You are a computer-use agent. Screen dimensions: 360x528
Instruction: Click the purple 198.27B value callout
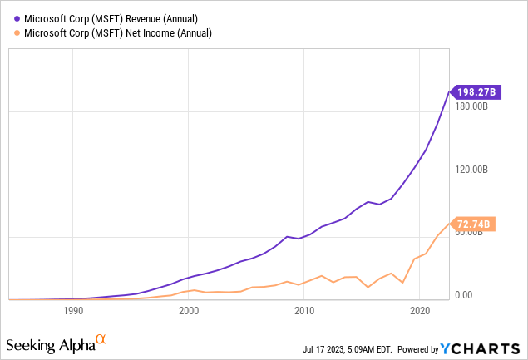[473, 91]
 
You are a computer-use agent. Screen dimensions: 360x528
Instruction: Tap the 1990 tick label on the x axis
[73, 311]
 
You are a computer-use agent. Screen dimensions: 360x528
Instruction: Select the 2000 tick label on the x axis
[189, 311]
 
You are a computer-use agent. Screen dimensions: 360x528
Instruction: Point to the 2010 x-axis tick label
[304, 311]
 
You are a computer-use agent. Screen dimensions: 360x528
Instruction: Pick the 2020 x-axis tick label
[420, 311]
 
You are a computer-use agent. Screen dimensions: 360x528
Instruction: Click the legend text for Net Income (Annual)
[112, 33]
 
